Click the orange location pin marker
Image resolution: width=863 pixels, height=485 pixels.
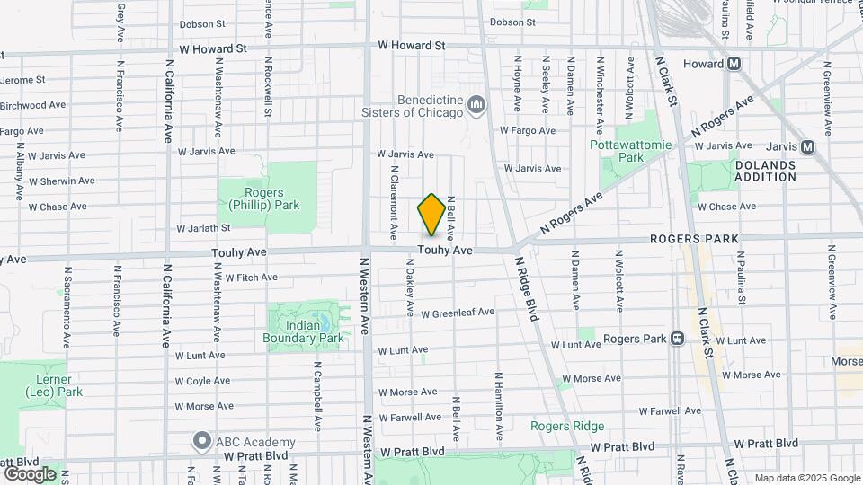(431, 215)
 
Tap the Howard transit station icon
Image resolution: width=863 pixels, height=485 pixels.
(734, 64)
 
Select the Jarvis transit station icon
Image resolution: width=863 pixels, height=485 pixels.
(807, 146)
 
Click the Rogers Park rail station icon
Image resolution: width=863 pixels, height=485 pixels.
(677, 339)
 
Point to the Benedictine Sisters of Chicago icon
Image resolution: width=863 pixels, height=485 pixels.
(476, 108)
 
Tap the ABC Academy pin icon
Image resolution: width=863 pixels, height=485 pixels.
(201, 442)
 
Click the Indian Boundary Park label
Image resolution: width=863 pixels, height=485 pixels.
(304, 331)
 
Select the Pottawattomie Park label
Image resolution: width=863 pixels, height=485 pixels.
(617, 151)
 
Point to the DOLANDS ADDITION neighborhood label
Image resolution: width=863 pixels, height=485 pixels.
(765, 171)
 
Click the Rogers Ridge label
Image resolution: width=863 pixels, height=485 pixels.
(566, 426)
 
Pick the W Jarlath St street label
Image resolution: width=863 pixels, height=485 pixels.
(204, 229)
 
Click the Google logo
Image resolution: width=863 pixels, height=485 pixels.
(30, 473)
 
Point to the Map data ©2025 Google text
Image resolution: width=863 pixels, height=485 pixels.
(805, 478)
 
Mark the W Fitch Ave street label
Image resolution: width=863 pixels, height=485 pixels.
(251, 278)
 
